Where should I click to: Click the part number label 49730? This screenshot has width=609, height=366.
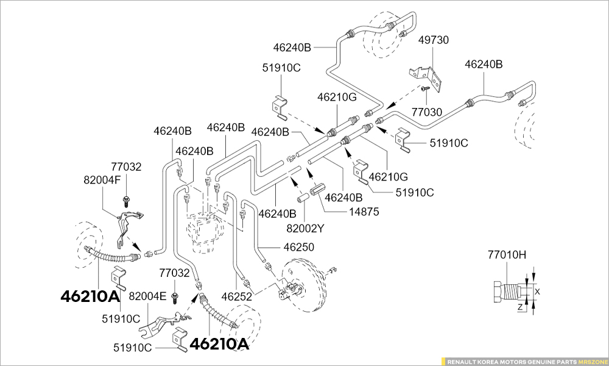(434, 41)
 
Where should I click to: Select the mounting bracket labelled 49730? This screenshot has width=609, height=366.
(429, 75)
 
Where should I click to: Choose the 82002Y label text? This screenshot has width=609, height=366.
(306, 229)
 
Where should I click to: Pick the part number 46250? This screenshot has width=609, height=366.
(298, 247)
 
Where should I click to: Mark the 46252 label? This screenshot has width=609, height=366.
(236, 297)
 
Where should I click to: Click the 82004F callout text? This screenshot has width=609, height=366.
(102, 180)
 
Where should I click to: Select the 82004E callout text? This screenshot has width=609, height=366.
(147, 296)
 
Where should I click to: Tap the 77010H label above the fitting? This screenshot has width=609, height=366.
(507, 255)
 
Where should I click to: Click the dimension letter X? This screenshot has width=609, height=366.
(537, 292)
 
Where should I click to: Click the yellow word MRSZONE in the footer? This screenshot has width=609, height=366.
(592, 361)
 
